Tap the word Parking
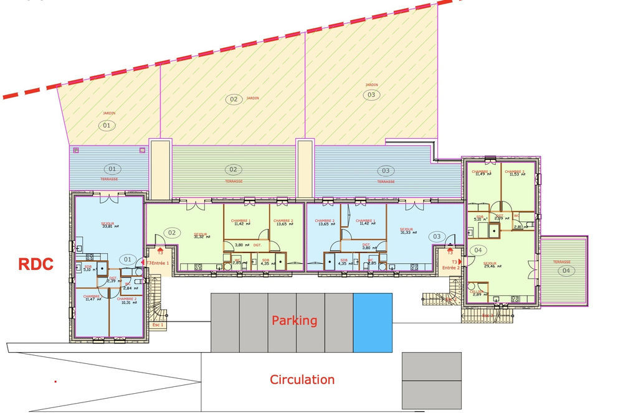tap(294, 321)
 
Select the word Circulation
tap(302, 379)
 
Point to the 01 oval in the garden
tap(106, 125)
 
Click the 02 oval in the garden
tap(234, 99)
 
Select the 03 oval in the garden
tap(371, 95)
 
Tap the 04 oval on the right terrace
tap(565, 271)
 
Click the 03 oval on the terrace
tap(386, 170)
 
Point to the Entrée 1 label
tap(160, 263)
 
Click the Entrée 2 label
tap(450, 267)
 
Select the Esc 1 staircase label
tap(158, 325)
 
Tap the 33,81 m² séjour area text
tap(108, 227)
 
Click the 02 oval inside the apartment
tap(172, 234)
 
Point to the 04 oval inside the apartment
tap(478, 250)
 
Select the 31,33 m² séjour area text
tap(406, 232)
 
